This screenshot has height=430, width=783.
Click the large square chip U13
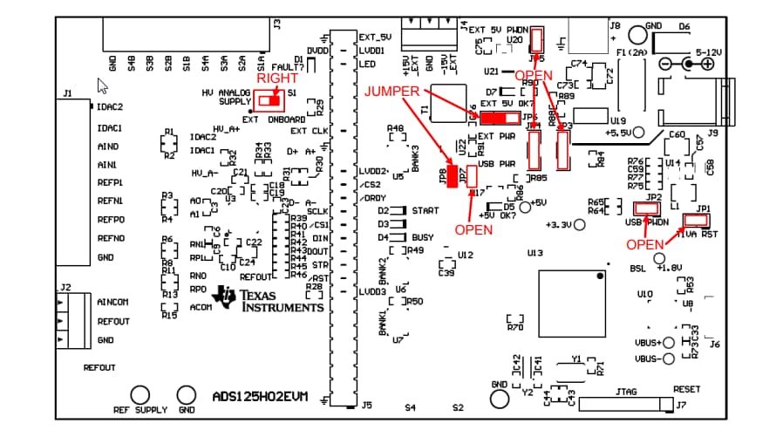point(572,303)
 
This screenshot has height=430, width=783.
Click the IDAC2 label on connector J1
point(110,107)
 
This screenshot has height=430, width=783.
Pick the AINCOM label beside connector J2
point(112,303)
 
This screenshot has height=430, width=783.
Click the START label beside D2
point(426,211)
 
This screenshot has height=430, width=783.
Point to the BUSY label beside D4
point(423,237)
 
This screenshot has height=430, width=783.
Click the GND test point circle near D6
point(637,35)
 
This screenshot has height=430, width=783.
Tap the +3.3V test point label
point(557,225)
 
